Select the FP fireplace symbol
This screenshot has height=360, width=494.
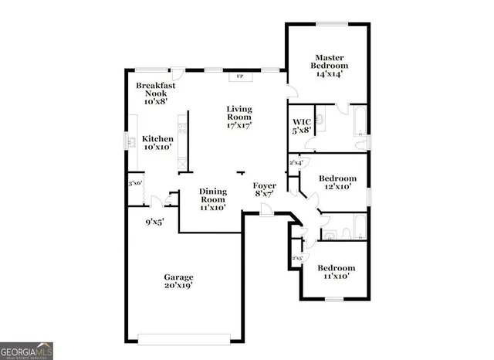pos(239,77)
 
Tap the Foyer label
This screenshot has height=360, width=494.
pos(266,186)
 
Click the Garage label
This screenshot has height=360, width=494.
pos(178,277)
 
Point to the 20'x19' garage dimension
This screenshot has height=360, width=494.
pos(178,286)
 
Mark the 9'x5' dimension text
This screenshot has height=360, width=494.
pos(154,222)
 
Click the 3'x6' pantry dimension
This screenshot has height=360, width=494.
pos(136,183)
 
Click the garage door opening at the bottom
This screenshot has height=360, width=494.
pos(184,337)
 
